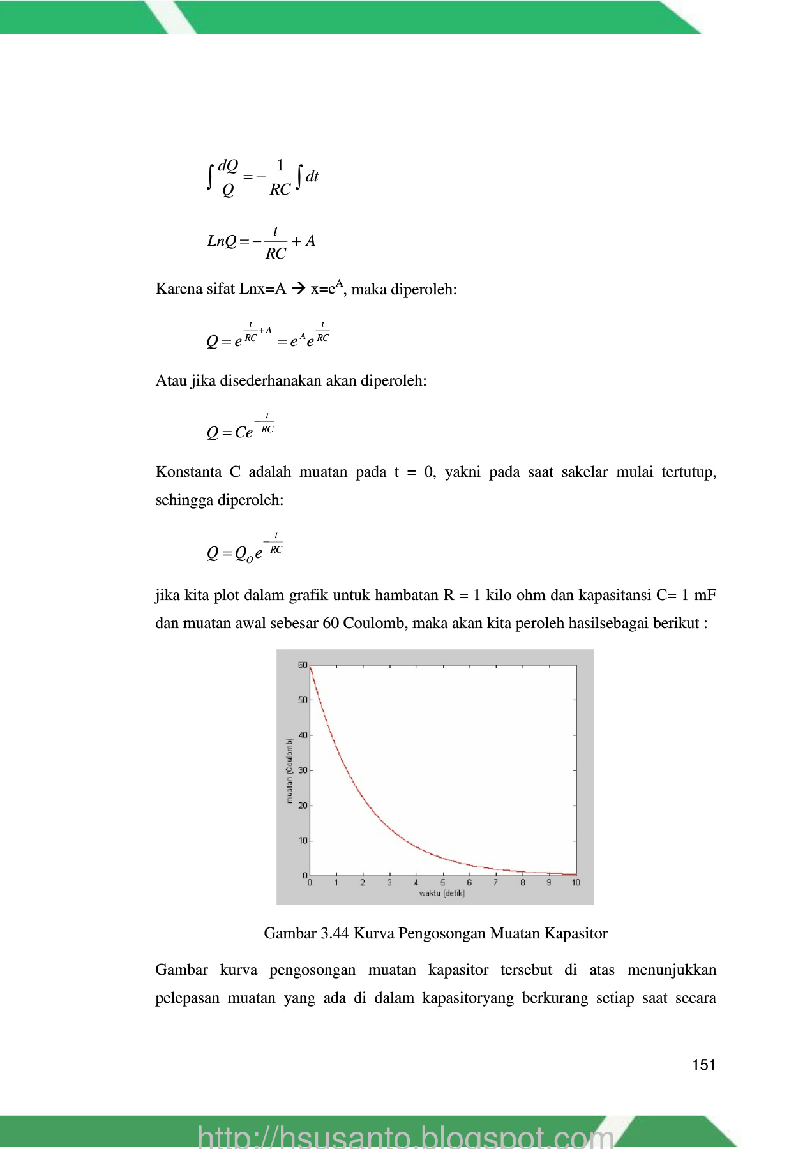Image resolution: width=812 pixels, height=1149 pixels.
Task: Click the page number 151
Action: tap(703, 1065)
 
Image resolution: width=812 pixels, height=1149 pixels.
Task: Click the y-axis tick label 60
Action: tap(303, 665)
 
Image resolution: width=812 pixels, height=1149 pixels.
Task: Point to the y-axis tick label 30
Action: tap(303, 770)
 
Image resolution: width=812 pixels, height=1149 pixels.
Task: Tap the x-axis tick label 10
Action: tap(576, 883)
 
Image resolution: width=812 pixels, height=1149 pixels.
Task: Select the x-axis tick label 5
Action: tap(442, 883)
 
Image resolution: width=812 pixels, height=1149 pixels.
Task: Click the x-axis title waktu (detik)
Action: tap(442, 893)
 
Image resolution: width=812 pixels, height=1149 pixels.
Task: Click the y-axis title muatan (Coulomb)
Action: tap(289, 770)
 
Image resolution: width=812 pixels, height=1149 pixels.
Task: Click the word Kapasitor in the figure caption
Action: tap(576, 934)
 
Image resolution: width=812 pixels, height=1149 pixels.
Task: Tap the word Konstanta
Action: tap(188, 472)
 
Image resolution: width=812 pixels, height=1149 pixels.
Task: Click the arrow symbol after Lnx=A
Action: tap(297, 289)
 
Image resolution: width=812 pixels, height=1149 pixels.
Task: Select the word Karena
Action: tap(176, 289)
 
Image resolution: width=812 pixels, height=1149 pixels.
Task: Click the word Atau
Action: tap(170, 381)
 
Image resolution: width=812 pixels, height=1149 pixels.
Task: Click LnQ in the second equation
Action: tap(222, 241)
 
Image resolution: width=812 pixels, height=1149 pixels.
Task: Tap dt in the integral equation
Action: tap(312, 177)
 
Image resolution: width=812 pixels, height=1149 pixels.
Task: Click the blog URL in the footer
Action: tap(405, 1136)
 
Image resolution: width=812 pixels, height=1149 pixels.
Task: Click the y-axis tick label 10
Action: tap(303, 841)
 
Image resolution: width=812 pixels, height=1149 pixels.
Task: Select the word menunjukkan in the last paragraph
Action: tap(672, 970)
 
